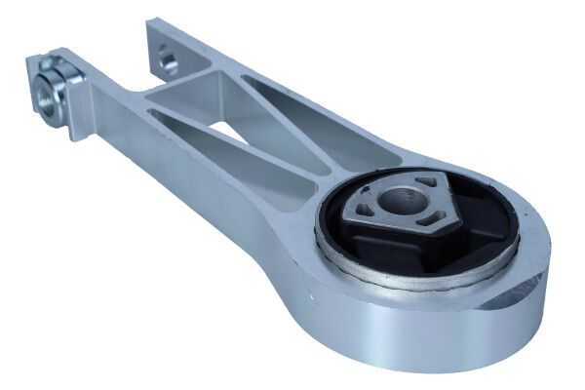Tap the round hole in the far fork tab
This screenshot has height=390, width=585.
(x=169, y=62)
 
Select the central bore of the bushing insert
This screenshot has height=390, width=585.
(x=401, y=202)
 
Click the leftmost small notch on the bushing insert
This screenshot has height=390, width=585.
(x=363, y=208)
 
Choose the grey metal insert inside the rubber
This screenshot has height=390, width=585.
(x=385, y=218)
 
